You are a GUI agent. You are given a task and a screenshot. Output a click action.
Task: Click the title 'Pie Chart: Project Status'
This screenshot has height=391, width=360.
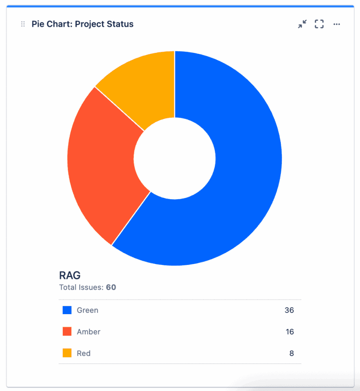(x=82, y=24)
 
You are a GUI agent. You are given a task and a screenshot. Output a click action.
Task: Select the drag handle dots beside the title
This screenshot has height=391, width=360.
(x=23, y=24)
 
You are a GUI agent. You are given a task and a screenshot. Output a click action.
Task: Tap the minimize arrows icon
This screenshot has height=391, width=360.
(x=302, y=24)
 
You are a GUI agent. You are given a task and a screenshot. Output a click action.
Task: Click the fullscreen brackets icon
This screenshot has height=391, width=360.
(x=319, y=24)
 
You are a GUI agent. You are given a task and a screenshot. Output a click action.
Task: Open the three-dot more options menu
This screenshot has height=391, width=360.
(x=337, y=24)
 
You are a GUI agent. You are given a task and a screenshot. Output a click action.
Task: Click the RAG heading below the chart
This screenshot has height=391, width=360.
(x=70, y=275)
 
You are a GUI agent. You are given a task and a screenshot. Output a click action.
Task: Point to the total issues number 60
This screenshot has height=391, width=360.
(x=111, y=287)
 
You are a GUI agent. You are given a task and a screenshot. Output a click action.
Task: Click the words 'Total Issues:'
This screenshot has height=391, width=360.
(x=81, y=287)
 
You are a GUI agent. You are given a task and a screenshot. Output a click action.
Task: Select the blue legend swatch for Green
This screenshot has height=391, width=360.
(x=67, y=310)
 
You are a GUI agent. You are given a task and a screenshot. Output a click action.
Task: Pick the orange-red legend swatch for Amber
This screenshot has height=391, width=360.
(x=67, y=331)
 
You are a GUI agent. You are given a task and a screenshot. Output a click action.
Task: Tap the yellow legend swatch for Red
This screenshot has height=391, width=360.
(x=67, y=353)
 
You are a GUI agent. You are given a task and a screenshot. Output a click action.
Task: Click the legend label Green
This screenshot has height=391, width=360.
(x=88, y=310)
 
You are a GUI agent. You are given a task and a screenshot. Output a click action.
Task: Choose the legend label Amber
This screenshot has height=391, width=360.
(x=89, y=332)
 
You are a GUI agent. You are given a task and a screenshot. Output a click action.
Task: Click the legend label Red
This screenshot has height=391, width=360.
(x=84, y=353)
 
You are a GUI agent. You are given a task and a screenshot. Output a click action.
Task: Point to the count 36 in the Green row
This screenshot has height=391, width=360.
(x=289, y=310)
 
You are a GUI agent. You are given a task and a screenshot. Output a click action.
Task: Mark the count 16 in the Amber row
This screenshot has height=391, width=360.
(x=290, y=332)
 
